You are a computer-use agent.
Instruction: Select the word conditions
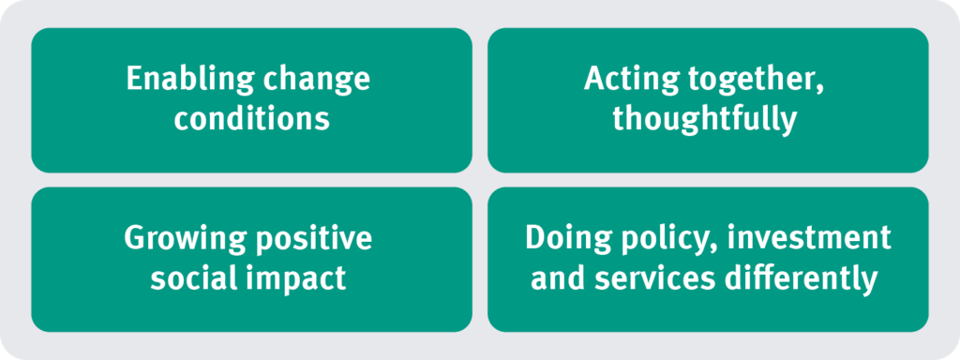coord(251,120)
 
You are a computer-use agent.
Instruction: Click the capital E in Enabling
coord(135,81)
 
